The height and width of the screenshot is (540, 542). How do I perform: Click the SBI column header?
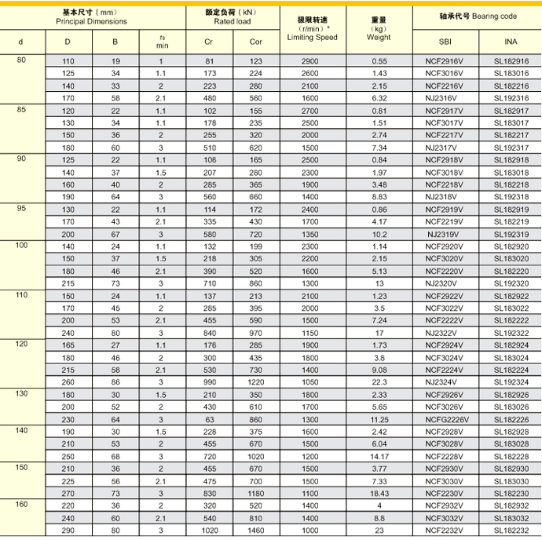[445, 41]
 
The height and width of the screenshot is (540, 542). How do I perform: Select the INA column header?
[511, 41]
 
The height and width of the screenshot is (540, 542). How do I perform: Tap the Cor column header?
[256, 41]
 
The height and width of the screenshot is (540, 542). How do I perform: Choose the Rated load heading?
[232, 21]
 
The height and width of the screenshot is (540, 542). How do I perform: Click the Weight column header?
[379, 37]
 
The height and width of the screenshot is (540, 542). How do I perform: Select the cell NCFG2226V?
[445, 419]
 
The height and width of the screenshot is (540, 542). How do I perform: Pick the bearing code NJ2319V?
[445, 234]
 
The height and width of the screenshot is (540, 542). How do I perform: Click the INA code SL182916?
[511, 61]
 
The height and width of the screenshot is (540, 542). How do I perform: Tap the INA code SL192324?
[511, 382]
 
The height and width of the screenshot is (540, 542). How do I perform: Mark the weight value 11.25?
[379, 419]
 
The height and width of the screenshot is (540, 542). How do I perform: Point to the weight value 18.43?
[379, 494]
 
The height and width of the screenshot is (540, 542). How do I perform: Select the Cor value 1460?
[256, 531]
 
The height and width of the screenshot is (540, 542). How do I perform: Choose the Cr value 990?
[209, 382]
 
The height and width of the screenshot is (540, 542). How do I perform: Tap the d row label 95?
[21, 209]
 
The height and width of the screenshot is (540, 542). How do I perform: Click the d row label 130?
[21, 394]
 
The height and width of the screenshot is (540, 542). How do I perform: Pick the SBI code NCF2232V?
[445, 531]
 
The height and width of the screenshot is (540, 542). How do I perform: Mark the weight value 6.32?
[379, 98]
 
